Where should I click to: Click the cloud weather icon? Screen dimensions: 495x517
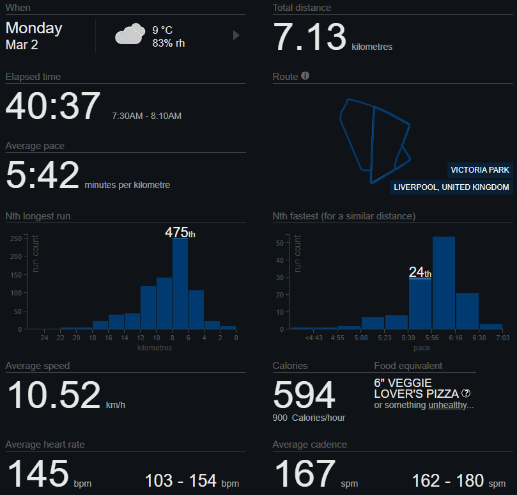(129, 34)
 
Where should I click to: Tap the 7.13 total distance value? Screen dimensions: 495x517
(310, 37)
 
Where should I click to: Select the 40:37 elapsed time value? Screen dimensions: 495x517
(53, 106)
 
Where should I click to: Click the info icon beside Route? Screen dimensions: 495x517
(305, 76)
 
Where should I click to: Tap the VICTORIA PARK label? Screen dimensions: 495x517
(480, 169)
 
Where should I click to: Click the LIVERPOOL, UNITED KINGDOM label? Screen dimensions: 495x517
(452, 187)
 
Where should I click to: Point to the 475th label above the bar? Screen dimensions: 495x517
(180, 233)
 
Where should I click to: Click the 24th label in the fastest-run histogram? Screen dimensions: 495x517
(420, 272)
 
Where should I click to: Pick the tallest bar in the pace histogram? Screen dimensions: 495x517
(444, 282)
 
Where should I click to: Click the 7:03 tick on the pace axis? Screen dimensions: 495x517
(502, 338)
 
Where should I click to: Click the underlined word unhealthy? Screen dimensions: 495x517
(448, 405)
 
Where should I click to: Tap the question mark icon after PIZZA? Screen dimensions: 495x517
(466, 393)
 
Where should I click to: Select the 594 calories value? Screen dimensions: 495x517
(304, 395)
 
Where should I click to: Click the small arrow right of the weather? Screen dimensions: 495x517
(236, 35)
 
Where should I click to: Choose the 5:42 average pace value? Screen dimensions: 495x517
(42, 176)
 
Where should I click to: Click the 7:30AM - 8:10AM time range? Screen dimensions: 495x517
(146, 116)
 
